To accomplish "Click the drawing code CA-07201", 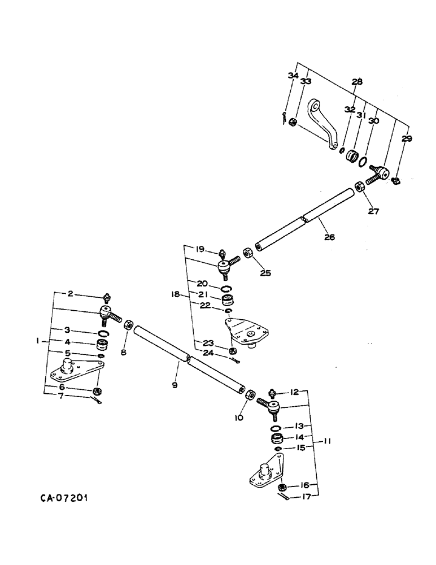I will tap(64, 499).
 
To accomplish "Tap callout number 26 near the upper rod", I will tap(329, 237).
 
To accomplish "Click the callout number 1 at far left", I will tap(37, 341).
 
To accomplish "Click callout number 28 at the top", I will tap(357, 82).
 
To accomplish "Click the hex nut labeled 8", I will tap(128, 326).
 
